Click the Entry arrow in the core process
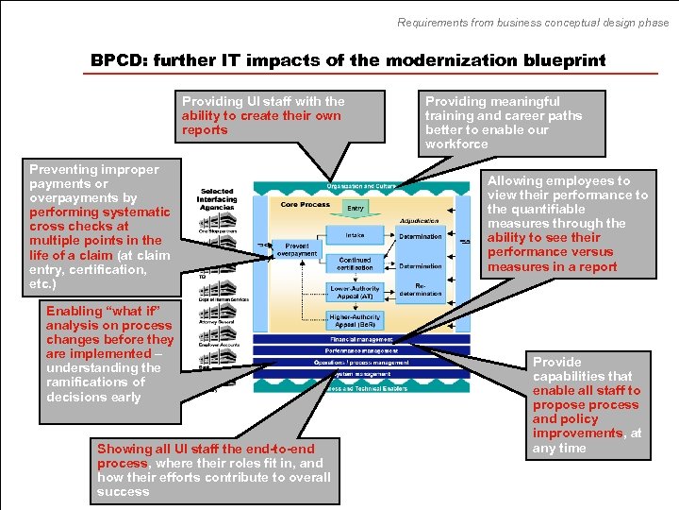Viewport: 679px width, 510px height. [355, 208]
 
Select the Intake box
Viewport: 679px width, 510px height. [355, 235]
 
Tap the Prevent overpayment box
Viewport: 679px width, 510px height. [297, 248]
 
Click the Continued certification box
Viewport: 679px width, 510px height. [355, 263]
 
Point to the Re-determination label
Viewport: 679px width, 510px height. [421, 289]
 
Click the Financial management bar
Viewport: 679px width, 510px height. [361, 338]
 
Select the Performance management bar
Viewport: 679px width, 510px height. [361, 350]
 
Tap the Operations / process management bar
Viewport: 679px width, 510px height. [361, 363]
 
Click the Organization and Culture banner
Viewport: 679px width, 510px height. [361, 187]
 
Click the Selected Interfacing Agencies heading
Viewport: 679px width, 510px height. [216, 199]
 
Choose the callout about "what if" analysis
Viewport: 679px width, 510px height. [110, 354]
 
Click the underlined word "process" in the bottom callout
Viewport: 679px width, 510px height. [122, 464]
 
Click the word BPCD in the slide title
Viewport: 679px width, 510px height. [119, 60]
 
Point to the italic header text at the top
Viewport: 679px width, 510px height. [532, 23]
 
